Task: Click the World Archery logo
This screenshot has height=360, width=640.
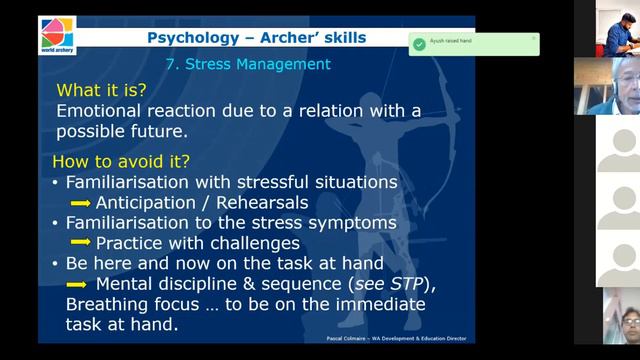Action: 57,35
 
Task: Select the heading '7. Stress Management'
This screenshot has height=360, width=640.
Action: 246,65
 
